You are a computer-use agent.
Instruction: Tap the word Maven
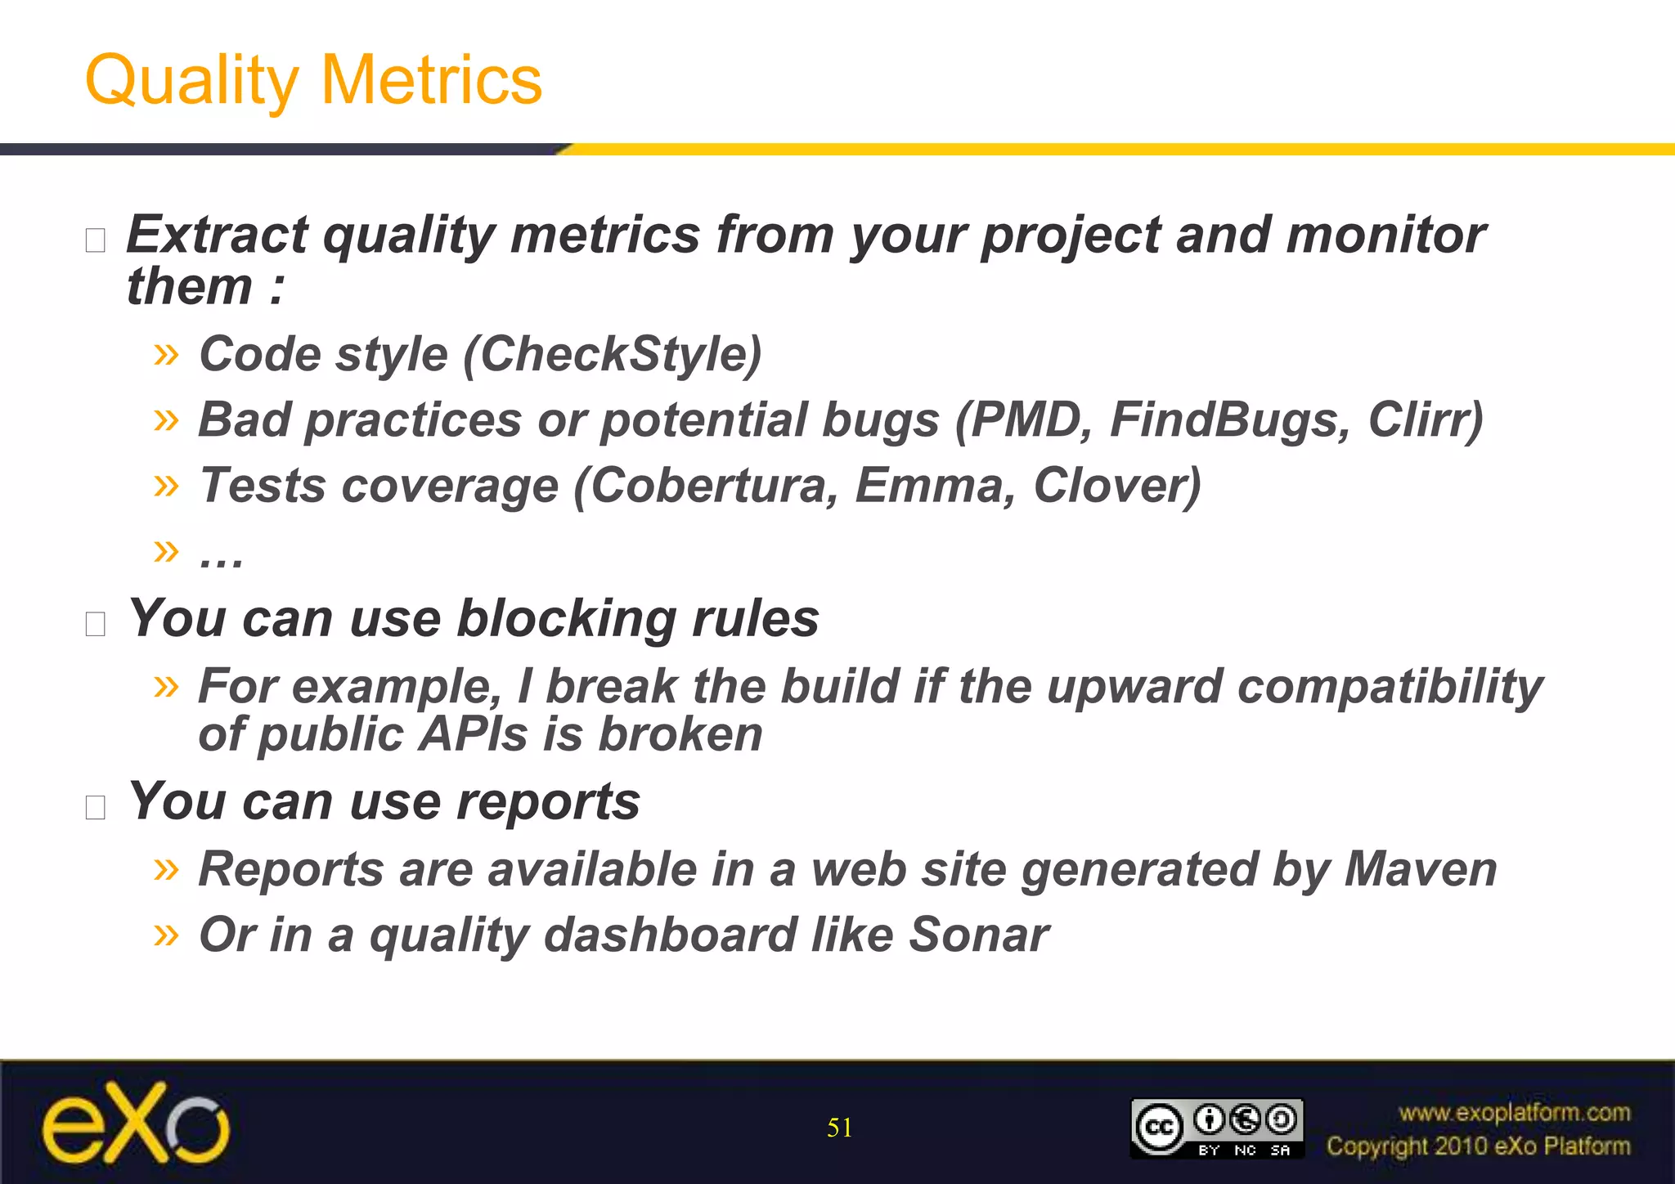pyautogui.click(x=1421, y=868)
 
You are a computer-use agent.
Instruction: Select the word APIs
pyautogui.click(x=474, y=734)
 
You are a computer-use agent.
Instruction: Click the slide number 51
pyautogui.click(x=839, y=1128)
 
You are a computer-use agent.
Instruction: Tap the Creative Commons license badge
pyautogui.click(x=1216, y=1128)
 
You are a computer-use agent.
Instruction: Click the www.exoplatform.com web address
pyautogui.click(x=1514, y=1113)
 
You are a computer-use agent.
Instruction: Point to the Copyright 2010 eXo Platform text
pyautogui.click(x=1478, y=1146)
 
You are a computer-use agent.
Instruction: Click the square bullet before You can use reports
pyautogui.click(x=96, y=807)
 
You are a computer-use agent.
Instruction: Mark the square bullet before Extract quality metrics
pyautogui.click(x=96, y=240)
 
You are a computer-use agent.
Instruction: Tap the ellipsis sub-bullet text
pyautogui.click(x=221, y=556)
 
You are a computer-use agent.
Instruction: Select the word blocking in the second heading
pyautogui.click(x=565, y=618)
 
